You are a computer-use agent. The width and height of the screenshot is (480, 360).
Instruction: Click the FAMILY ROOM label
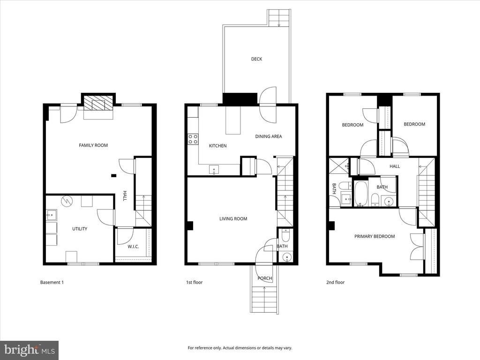coord(93,145)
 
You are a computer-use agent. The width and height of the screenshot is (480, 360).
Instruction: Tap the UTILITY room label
coord(80,229)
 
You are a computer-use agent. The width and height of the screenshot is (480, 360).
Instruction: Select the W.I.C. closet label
coord(133,247)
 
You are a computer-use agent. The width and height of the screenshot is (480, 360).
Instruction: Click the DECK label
coord(256,59)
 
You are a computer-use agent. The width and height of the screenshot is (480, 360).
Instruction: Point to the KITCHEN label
coord(217,146)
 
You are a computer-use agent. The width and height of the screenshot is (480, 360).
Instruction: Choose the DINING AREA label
coord(269,136)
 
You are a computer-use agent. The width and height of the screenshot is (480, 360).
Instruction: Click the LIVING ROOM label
coord(233,218)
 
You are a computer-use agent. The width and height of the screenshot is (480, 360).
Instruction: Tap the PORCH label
coord(265,278)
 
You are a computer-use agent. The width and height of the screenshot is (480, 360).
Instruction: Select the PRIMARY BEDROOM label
coord(375,236)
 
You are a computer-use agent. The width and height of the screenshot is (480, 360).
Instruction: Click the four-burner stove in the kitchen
coord(193,139)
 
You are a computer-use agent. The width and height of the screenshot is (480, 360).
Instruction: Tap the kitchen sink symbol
coord(214,170)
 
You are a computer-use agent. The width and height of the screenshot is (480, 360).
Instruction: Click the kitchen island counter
coord(233,120)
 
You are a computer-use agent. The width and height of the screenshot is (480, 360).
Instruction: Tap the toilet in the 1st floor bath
coord(285,236)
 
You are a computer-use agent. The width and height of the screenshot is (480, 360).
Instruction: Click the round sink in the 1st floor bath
coord(287,257)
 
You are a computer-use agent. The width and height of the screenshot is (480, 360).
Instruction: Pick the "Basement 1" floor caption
coord(52,282)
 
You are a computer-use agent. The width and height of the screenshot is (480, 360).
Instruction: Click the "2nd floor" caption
coord(335,282)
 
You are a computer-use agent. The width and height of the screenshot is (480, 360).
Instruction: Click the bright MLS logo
coord(30,350)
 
